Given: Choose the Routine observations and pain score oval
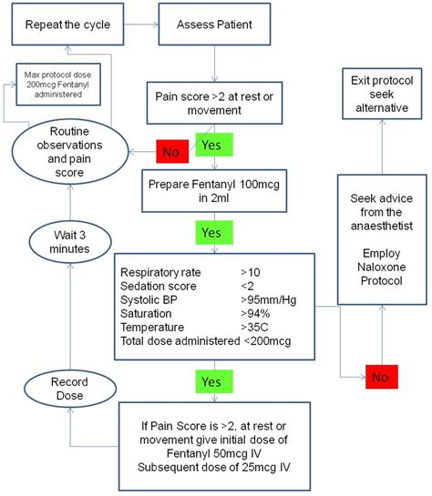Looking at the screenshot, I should [x=69, y=148].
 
